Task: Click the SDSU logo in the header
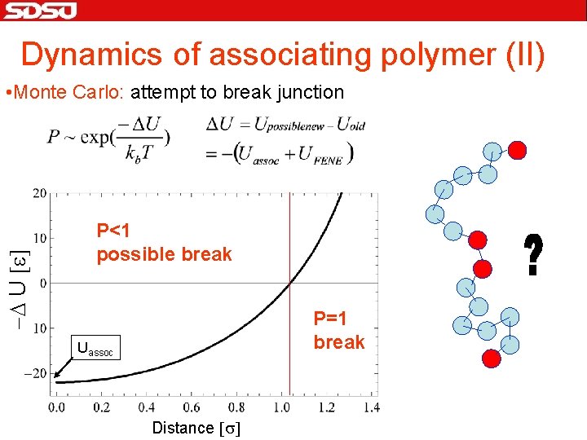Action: coord(40,11)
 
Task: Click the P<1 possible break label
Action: coord(164,243)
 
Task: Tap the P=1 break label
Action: coord(338,331)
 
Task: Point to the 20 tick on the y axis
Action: coord(38,193)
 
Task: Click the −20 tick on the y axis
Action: coord(36,373)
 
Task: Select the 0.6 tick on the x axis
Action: coord(191,407)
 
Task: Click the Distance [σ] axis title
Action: coord(195,428)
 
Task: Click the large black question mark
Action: coord(533,255)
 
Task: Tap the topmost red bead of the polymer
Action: coord(517,150)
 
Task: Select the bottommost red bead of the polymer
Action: coord(491,358)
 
